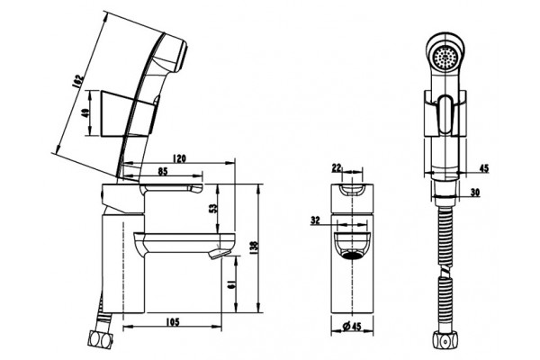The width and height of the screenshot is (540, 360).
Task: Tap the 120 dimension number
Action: point(179,158)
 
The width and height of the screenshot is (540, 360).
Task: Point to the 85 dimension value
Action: point(163,171)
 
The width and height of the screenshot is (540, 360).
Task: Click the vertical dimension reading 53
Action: point(213,208)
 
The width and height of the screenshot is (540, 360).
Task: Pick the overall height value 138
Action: point(255,246)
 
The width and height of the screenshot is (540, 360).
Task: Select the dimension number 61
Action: point(231,284)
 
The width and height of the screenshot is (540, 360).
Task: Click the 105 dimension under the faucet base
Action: point(173,322)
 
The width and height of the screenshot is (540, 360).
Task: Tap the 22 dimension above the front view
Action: point(337,167)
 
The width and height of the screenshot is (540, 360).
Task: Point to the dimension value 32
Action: point(315,220)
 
